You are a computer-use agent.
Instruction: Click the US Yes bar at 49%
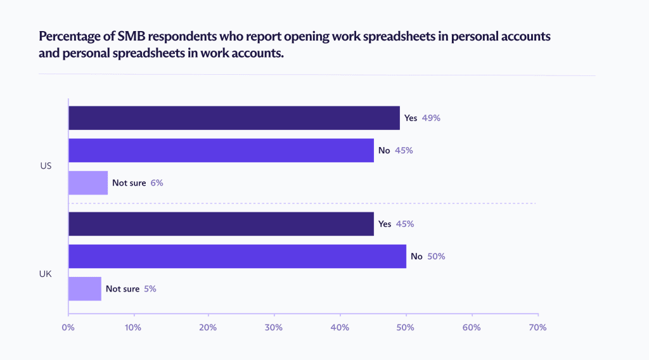click(234, 118)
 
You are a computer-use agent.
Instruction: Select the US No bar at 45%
click(221, 150)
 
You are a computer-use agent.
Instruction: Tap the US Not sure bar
click(88, 183)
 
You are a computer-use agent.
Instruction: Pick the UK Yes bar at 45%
click(221, 224)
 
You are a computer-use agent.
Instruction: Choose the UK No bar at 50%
click(237, 256)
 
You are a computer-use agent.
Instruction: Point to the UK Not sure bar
click(84, 288)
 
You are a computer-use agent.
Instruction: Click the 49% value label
click(431, 118)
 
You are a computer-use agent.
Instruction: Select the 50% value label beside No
click(437, 256)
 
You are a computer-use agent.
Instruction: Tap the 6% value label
click(157, 183)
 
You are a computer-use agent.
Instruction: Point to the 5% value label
click(150, 288)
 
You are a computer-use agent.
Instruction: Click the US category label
click(45, 167)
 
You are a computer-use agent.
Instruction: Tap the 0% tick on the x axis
click(68, 328)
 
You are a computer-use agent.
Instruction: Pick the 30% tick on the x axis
click(274, 328)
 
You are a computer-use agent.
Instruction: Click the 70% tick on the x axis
click(537, 328)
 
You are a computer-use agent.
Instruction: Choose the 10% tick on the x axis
click(133, 328)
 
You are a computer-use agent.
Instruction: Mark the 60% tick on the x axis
click(471, 328)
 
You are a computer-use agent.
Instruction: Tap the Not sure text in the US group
click(129, 183)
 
